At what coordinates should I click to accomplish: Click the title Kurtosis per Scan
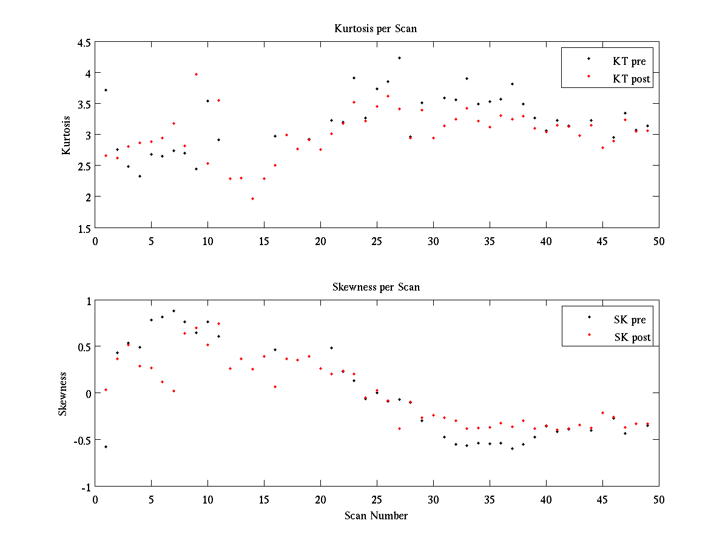pyautogui.click(x=376, y=29)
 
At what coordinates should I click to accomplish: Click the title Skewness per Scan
pyautogui.click(x=376, y=287)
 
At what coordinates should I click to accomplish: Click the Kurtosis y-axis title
pyautogui.click(x=67, y=135)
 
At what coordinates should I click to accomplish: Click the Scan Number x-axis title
pyautogui.click(x=376, y=516)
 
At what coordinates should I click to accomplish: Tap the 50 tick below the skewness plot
pyautogui.click(x=659, y=499)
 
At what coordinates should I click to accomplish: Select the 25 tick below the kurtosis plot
pyautogui.click(x=377, y=240)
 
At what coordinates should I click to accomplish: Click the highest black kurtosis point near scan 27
pyautogui.click(x=399, y=58)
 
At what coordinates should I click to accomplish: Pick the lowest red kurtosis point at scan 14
pyautogui.click(x=252, y=198)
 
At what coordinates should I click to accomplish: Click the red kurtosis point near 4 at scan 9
pyautogui.click(x=196, y=74)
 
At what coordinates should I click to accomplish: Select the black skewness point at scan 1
pyautogui.click(x=106, y=447)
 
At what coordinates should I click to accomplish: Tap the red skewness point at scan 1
pyautogui.click(x=106, y=389)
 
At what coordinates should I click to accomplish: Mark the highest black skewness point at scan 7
pyautogui.click(x=174, y=311)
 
